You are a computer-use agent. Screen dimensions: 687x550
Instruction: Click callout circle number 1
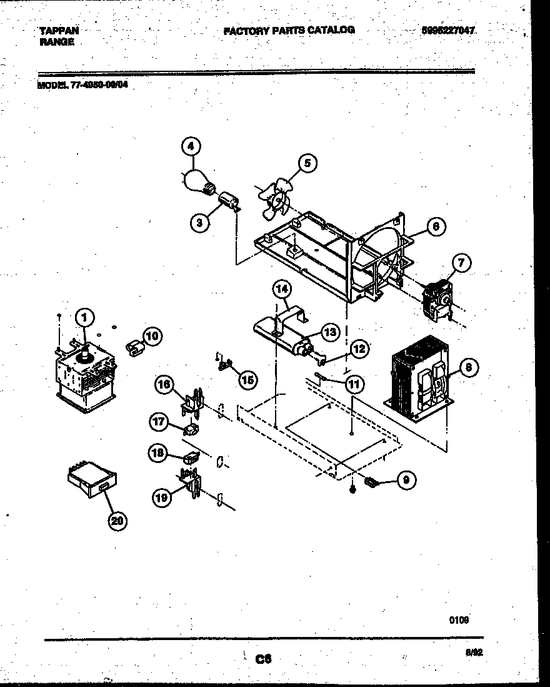click(82, 318)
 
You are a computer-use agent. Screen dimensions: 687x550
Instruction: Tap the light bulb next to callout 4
click(195, 180)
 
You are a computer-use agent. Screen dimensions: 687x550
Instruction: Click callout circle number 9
click(406, 481)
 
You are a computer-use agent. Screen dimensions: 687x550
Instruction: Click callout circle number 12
click(357, 349)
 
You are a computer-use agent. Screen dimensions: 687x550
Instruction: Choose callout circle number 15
click(248, 379)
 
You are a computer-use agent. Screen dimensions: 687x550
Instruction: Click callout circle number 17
click(157, 422)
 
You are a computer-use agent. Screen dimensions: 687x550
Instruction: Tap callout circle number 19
click(162, 497)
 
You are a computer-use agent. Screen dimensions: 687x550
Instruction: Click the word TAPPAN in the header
click(59, 30)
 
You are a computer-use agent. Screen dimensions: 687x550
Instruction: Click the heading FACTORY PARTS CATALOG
click(289, 30)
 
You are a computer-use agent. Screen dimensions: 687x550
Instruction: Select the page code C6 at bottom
click(264, 658)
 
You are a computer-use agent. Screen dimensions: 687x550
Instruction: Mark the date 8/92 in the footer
click(474, 651)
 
